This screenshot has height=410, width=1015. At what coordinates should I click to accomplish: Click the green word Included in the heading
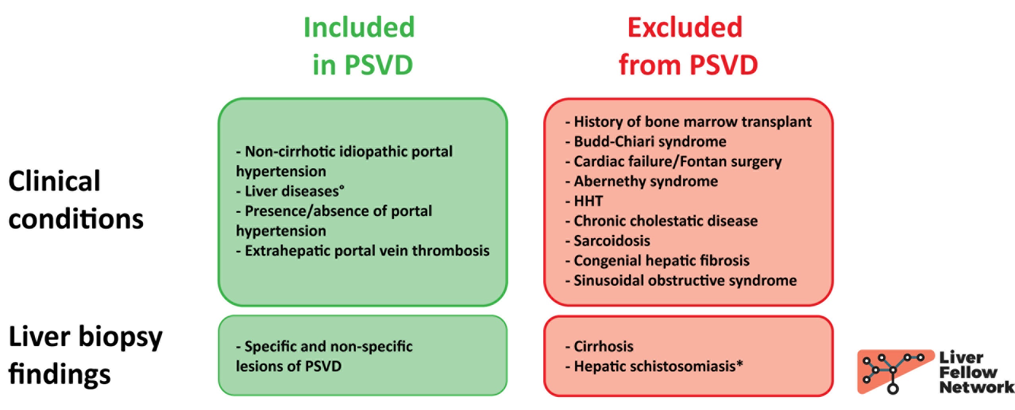coord(359,27)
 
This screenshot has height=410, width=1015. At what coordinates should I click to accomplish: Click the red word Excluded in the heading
coord(685,27)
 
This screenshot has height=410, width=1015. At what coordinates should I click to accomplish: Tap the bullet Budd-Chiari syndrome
coord(646,142)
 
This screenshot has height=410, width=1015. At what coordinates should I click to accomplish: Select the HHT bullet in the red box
coord(584,201)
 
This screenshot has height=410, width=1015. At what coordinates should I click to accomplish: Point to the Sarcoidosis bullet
coord(608,241)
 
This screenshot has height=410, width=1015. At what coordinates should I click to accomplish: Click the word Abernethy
coord(610,181)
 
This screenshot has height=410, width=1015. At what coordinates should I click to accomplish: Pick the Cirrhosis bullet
coord(599,346)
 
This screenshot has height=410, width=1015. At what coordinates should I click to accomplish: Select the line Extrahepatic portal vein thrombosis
coord(363,251)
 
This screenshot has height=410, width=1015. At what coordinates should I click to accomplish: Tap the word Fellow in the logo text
coord(968,372)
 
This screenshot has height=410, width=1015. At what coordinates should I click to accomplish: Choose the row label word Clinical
coord(54,181)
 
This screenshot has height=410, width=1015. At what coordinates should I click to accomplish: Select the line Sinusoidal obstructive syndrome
coord(681,281)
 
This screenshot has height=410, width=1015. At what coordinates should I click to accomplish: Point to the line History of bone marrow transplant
coord(688,122)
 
